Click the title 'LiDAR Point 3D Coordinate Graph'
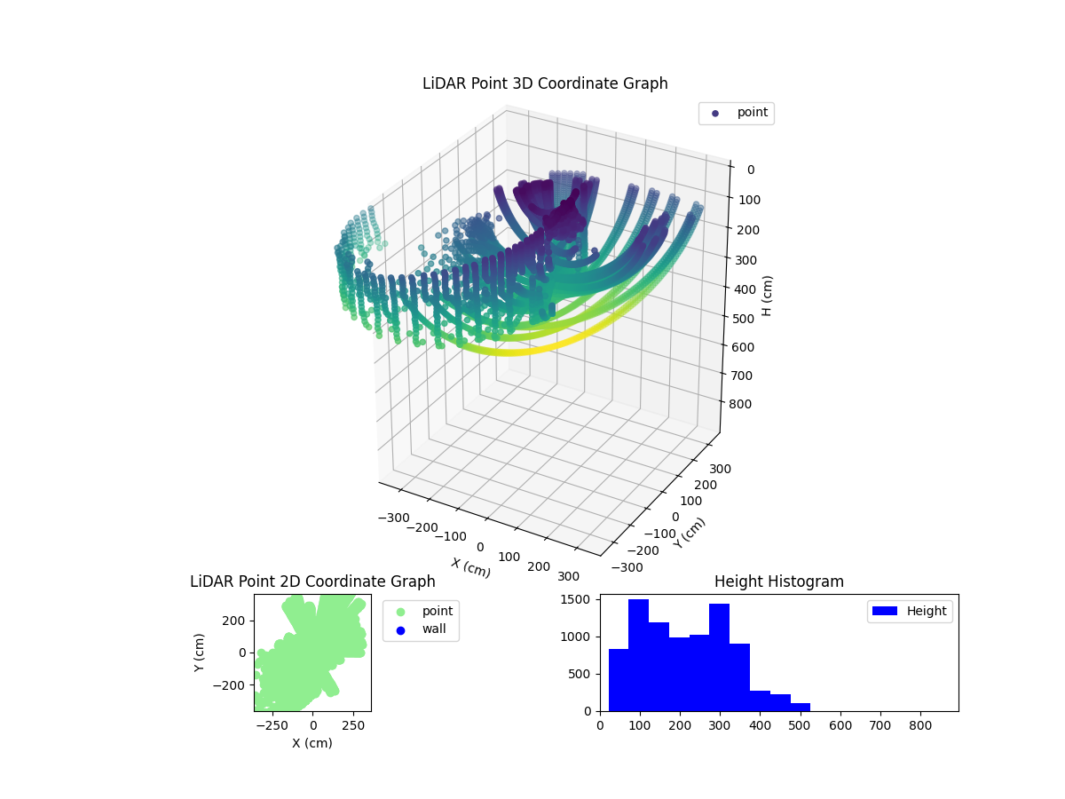coord(545,84)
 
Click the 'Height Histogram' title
coord(778,582)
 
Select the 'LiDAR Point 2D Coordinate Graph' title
coord(312,582)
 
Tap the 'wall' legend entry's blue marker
coord(399,630)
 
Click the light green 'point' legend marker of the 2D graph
coord(399,612)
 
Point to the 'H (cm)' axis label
coord(768,296)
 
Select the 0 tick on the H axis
coord(750,170)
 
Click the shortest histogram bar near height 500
coord(800,707)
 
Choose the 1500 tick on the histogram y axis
coord(580,600)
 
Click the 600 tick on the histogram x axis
coord(840,725)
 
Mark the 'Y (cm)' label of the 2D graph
coord(200,653)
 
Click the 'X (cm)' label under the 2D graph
coord(312,744)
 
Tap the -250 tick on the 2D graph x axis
coord(272,725)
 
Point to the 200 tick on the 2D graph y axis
coord(233,620)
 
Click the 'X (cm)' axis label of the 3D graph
coord(470,568)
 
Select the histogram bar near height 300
coord(719,658)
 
